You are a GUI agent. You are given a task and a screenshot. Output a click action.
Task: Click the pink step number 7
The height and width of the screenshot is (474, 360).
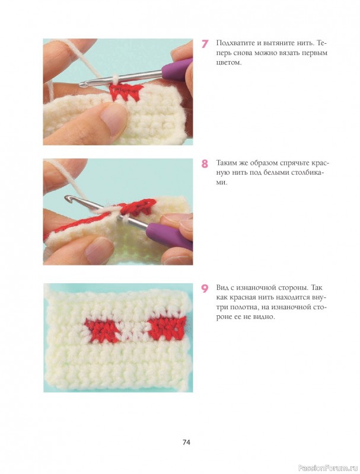click(x=205, y=44)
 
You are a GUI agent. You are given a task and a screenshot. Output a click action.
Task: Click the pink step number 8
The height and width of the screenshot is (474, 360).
click(x=205, y=164)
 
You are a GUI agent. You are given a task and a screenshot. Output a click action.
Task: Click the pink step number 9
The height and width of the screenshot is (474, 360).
click(x=205, y=289)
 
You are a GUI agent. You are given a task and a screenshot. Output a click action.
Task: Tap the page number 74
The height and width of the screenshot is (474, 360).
click(x=186, y=442)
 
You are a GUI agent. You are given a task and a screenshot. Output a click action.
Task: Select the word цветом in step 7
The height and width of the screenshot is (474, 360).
click(x=229, y=63)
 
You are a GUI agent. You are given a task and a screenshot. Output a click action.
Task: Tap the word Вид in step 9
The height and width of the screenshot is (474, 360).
click(x=222, y=287)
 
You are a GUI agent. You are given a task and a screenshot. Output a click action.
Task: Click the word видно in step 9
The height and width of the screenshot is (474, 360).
click(x=265, y=317)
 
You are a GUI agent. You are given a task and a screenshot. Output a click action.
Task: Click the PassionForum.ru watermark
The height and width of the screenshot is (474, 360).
click(x=328, y=467)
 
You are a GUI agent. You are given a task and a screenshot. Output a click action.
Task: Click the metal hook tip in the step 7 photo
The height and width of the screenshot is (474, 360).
click(x=83, y=85)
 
